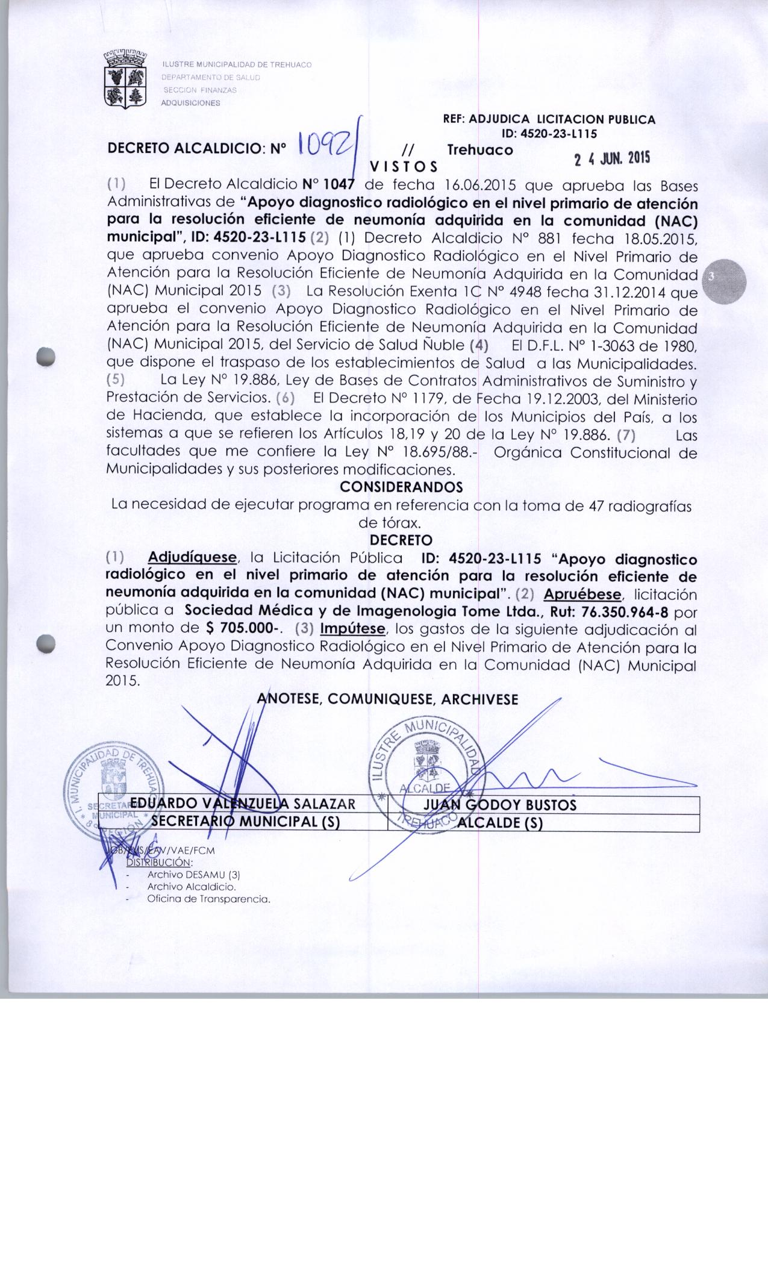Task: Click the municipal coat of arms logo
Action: point(126,79)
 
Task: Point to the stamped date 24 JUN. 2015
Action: point(612,160)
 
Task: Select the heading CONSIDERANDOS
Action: point(401,486)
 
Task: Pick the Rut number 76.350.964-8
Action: point(625,612)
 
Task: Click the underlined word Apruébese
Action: point(582,595)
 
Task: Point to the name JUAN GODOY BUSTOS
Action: point(500,805)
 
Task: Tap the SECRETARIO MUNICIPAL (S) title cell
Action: point(246,822)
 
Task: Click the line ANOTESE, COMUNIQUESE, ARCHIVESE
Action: point(387,699)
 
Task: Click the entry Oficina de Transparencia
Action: point(208,899)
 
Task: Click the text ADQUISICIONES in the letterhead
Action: point(190,102)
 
